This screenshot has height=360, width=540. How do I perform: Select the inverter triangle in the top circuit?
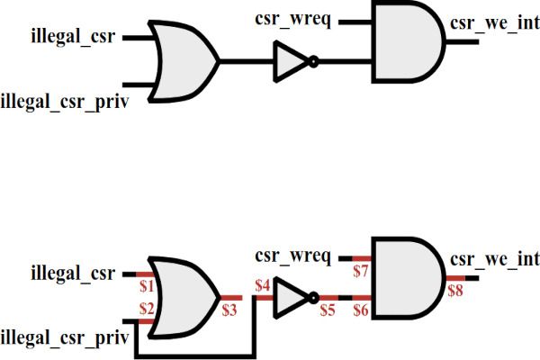click(x=291, y=62)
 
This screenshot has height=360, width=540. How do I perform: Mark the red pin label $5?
click(x=327, y=310)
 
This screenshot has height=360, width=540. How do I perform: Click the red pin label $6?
click(x=361, y=310)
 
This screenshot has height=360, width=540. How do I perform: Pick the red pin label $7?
click(x=361, y=270)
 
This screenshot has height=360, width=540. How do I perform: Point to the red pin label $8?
click(x=456, y=290)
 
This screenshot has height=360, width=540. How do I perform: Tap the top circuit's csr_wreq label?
click(x=293, y=18)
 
